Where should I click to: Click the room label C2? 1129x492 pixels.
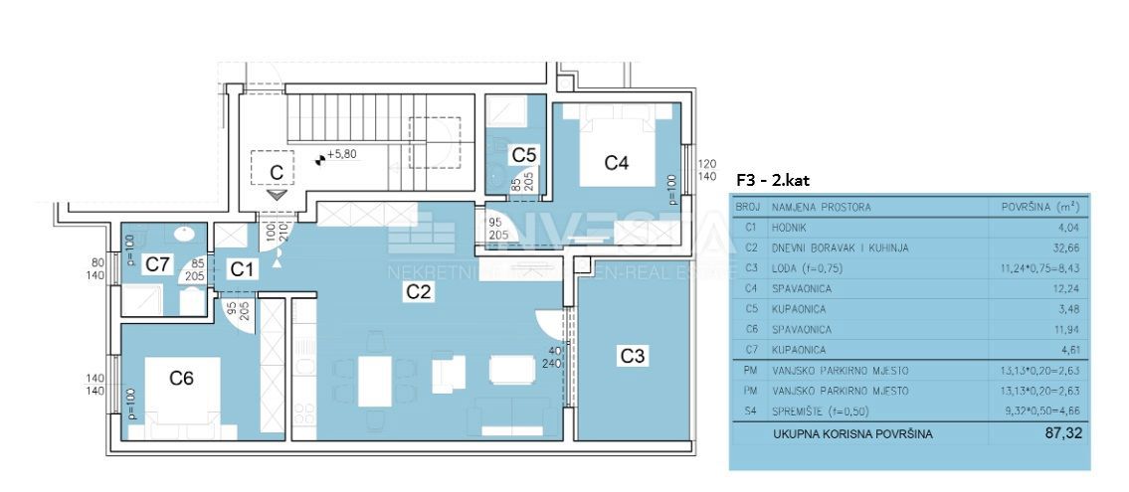(417, 291)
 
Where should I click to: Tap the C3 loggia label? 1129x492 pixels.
(633, 355)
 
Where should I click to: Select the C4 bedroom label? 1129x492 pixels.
(617, 162)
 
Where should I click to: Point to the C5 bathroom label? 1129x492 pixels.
(524, 154)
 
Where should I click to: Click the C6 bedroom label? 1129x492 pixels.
(181, 378)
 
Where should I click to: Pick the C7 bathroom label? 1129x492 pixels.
(157, 264)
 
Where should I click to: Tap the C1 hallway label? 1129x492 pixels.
(242, 268)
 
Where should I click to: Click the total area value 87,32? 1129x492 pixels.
(1062, 433)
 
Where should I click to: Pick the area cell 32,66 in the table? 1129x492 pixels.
(1065, 247)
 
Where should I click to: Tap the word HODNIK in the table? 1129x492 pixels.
(793, 228)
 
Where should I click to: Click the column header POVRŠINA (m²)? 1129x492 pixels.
(1040, 208)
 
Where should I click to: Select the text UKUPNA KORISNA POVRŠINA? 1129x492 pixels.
(852, 434)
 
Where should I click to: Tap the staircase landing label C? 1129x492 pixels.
(278, 171)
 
